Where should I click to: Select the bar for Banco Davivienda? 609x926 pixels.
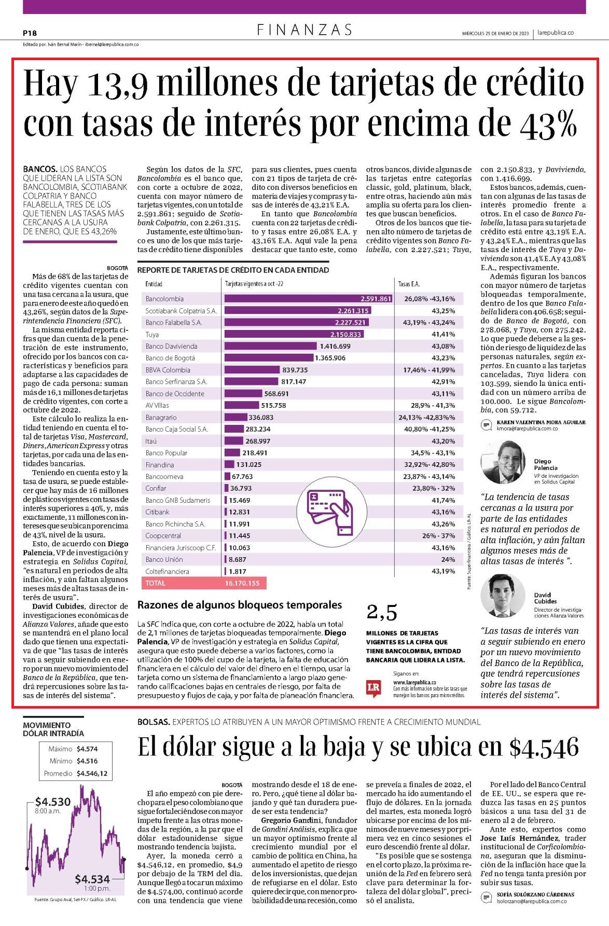[270, 346]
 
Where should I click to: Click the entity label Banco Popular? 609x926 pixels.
[167, 453]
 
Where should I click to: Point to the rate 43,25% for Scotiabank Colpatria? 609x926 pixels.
[444, 311]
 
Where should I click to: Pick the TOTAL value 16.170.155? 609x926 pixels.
[242, 583]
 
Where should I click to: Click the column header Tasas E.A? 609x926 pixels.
[409, 284]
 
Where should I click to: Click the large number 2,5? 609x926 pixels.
[382, 613]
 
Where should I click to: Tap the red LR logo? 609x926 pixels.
[373, 687]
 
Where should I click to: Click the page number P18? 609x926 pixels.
[30, 33]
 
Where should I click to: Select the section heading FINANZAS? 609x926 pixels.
[305, 30]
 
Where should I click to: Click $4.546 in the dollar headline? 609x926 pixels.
[544, 747]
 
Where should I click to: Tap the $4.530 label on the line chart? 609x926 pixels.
[53, 801]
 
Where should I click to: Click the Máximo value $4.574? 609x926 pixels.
[87, 749]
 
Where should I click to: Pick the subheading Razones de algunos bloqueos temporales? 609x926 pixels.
[240, 605]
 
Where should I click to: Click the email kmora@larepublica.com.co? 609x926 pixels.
[527, 429]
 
